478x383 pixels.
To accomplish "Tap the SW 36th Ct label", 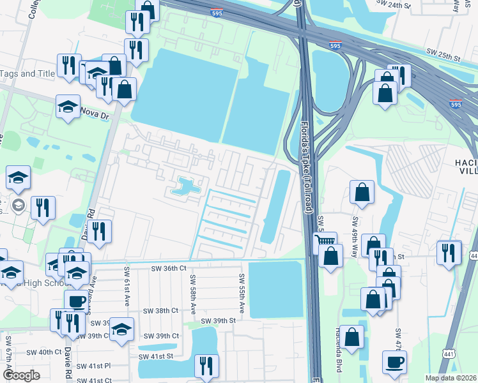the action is [169, 269].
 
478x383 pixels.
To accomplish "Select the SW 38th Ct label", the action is [160, 311].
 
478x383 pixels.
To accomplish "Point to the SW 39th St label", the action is [219, 321].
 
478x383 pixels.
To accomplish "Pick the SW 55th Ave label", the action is [242, 293].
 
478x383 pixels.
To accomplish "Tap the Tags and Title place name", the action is [27, 73].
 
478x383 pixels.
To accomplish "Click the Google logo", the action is [21, 375].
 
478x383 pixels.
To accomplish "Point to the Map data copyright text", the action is [451, 378].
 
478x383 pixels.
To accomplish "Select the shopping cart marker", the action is [325, 240].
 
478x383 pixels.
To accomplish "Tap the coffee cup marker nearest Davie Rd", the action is [76, 300].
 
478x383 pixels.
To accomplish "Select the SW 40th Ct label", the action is [43, 352].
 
